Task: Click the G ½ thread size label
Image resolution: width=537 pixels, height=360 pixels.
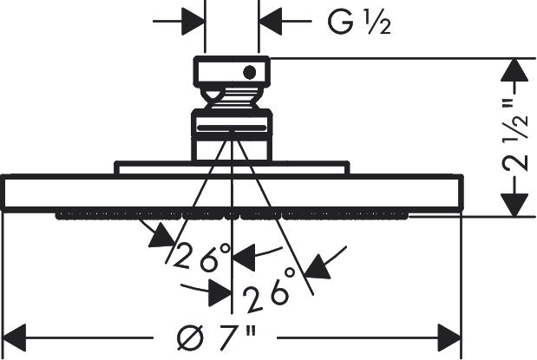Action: coord(359,22)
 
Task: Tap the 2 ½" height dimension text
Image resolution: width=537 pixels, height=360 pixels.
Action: coord(514,135)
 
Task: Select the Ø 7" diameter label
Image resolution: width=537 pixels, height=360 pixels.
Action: coord(216,337)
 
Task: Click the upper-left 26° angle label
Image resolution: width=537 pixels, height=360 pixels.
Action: coord(202,256)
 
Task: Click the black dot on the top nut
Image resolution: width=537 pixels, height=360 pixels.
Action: coord(249,72)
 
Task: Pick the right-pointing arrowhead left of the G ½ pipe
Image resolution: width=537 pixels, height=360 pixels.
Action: coord(193,21)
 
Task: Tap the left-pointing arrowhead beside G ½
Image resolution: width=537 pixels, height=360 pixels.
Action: coord(270,21)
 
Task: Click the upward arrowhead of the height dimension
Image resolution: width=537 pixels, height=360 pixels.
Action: coord(514,70)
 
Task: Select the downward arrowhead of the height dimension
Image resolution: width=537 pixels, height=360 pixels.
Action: coord(514,205)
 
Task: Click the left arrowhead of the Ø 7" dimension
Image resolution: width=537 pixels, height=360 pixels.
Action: coord(15,337)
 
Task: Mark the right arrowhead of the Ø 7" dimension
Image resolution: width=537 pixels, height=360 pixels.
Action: coord(450,337)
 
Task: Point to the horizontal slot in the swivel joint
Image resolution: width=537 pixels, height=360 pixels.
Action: coord(232,128)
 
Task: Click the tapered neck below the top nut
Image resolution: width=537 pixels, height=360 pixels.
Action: coord(232,98)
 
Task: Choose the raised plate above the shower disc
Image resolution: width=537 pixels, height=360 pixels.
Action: coord(232,167)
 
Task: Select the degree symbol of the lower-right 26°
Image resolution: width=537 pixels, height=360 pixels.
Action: coord(290,273)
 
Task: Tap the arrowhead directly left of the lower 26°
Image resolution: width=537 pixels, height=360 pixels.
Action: coord(219,293)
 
